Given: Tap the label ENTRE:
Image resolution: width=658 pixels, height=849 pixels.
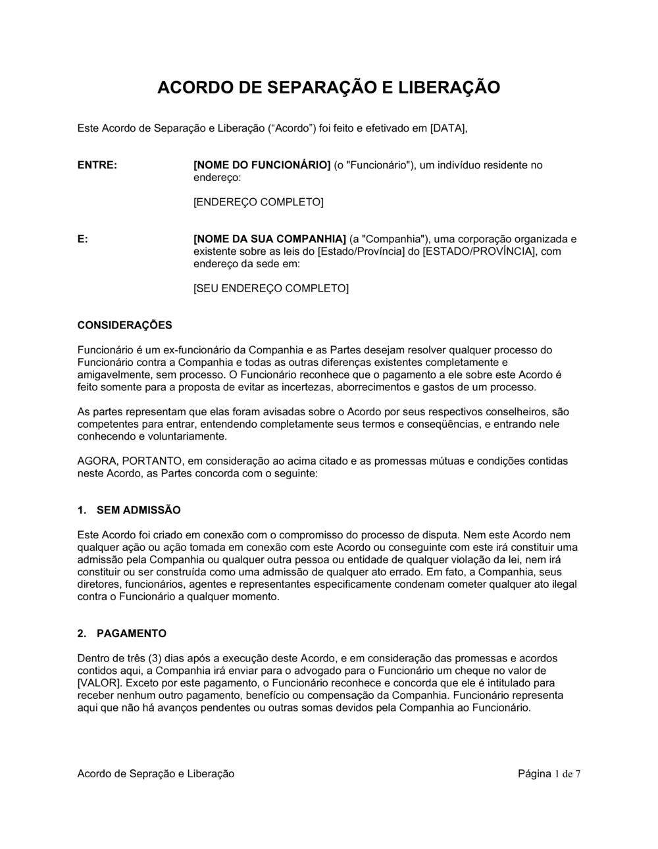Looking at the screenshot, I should click(97, 165).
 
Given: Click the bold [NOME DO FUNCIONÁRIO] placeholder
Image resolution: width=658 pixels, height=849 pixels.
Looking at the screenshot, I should click(261, 165).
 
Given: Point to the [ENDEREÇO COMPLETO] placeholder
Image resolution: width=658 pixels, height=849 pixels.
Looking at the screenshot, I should click(258, 202).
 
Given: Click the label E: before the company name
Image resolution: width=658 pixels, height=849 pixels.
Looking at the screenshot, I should click(83, 239).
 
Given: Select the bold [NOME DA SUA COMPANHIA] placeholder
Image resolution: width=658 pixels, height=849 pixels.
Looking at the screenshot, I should click(269, 239).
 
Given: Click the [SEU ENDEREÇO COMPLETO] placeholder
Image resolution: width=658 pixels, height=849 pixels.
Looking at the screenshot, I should click(270, 288).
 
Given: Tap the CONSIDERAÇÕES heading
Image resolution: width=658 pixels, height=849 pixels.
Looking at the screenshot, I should click(124, 325).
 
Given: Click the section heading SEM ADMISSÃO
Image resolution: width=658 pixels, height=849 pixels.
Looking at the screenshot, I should click(138, 510).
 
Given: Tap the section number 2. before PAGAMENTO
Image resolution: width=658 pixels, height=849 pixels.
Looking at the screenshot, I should click(82, 634).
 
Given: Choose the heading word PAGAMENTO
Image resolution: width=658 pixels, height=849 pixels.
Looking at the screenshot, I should click(132, 634).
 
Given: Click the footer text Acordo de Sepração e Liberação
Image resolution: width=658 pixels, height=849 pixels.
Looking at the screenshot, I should click(156, 774).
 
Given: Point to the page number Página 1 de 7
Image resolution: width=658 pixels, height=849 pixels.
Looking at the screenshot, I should click(549, 774).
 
